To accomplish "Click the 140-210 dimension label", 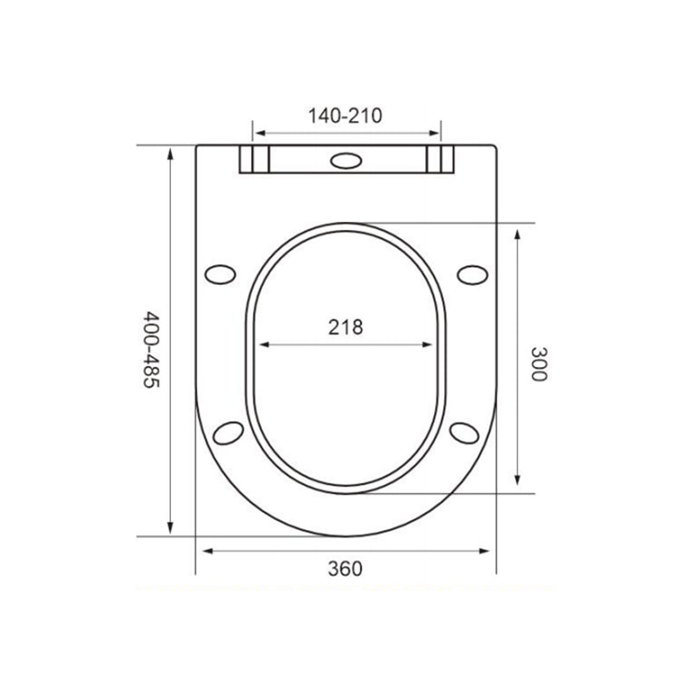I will coord(345,116).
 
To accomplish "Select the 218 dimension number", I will coord(345,326).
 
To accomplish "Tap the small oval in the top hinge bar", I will coord(346,161).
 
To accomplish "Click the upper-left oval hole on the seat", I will coord(221,275).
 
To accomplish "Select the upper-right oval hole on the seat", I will coord(472,274).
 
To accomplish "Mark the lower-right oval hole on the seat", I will coord(466,431).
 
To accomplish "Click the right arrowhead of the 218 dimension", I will coord(429,344).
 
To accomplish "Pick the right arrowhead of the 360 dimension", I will coord(490,549).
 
